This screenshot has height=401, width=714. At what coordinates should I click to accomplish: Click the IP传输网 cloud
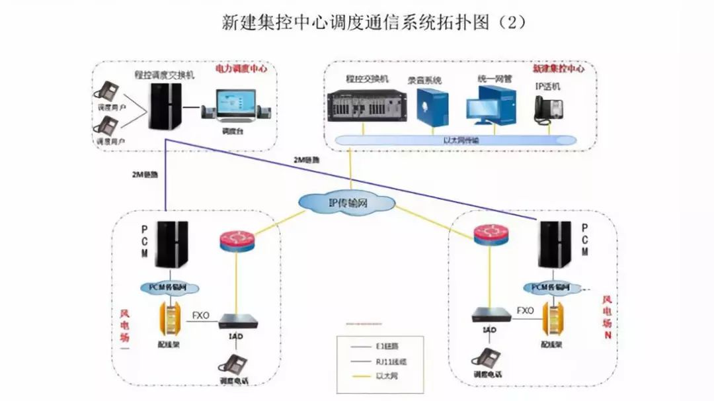coord(338,202)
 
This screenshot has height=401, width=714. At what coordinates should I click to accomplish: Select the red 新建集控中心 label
coord(559,68)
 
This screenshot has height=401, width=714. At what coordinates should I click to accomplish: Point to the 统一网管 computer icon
coord(490,105)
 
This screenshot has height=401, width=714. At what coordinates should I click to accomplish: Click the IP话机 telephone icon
coord(548,109)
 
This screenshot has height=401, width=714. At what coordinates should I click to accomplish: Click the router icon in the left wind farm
coord(234,240)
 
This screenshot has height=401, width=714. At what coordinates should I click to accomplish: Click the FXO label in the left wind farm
coord(200,316)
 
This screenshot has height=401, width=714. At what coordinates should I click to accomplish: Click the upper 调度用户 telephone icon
coord(106,91)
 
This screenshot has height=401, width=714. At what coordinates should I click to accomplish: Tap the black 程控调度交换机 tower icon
coord(163,106)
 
